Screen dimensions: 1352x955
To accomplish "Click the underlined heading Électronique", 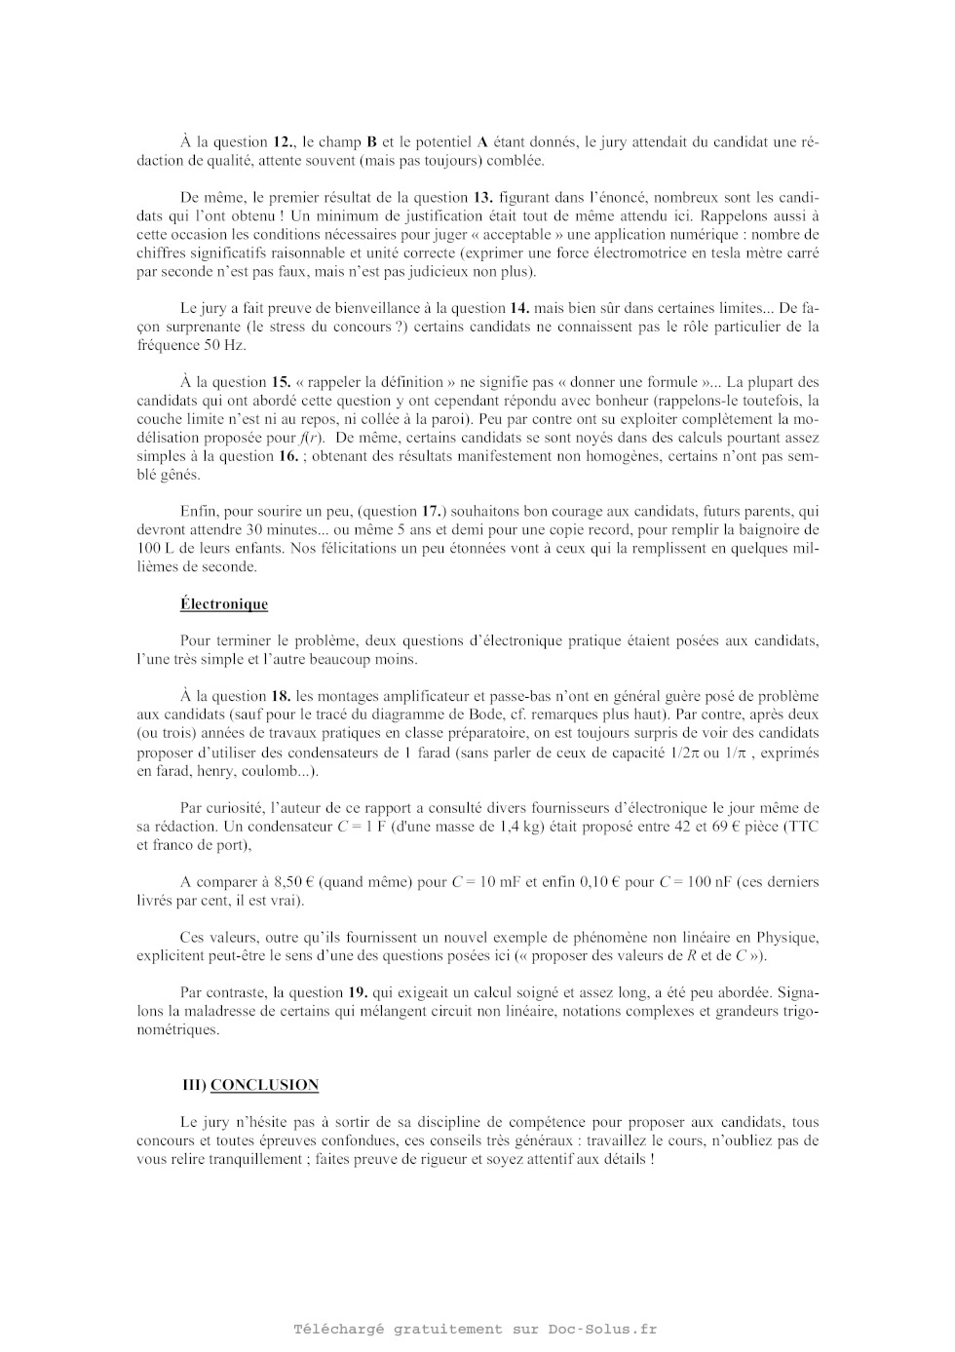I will (223, 603).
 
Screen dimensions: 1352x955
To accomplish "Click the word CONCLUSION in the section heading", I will (264, 1084).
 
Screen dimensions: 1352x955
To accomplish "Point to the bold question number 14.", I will (519, 308).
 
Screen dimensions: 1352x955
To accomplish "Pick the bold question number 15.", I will (282, 382).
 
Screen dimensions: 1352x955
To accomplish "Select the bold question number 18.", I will (281, 696).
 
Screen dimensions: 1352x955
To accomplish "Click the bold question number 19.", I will (358, 992).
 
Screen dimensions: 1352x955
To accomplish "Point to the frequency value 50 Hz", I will (225, 345).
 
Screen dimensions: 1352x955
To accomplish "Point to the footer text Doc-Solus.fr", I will (602, 1329).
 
